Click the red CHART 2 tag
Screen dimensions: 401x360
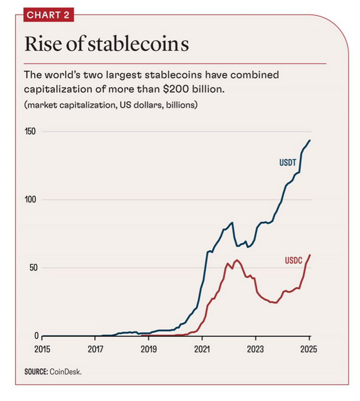coord(48,15)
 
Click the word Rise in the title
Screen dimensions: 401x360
coord(42,44)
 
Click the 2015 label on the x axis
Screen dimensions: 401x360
coord(42,350)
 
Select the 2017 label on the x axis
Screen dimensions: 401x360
coord(95,350)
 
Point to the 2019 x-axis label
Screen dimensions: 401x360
coord(149,350)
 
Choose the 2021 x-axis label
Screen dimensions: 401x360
coord(202,350)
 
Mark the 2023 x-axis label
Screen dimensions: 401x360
coord(255,350)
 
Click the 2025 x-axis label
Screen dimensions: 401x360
coord(309,350)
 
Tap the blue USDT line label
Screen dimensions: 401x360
coord(288,163)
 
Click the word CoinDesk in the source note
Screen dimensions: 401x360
coord(66,371)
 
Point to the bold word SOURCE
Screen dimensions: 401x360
coord(36,371)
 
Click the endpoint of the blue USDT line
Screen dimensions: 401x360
coord(310,140)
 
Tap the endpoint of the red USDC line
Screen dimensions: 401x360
coord(310,255)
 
